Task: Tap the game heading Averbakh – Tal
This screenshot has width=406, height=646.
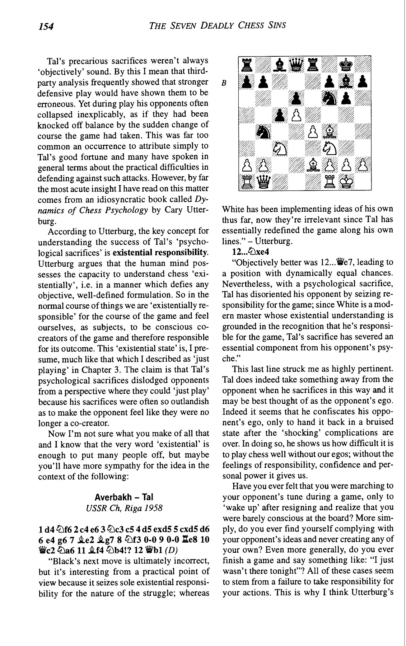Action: coord(124,497)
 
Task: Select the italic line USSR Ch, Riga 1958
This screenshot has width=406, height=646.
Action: coord(124,508)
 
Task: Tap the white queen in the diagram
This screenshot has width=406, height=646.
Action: coord(264,182)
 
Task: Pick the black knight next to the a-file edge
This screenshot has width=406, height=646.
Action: coord(264,132)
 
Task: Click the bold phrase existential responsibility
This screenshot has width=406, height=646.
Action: coord(162,253)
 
